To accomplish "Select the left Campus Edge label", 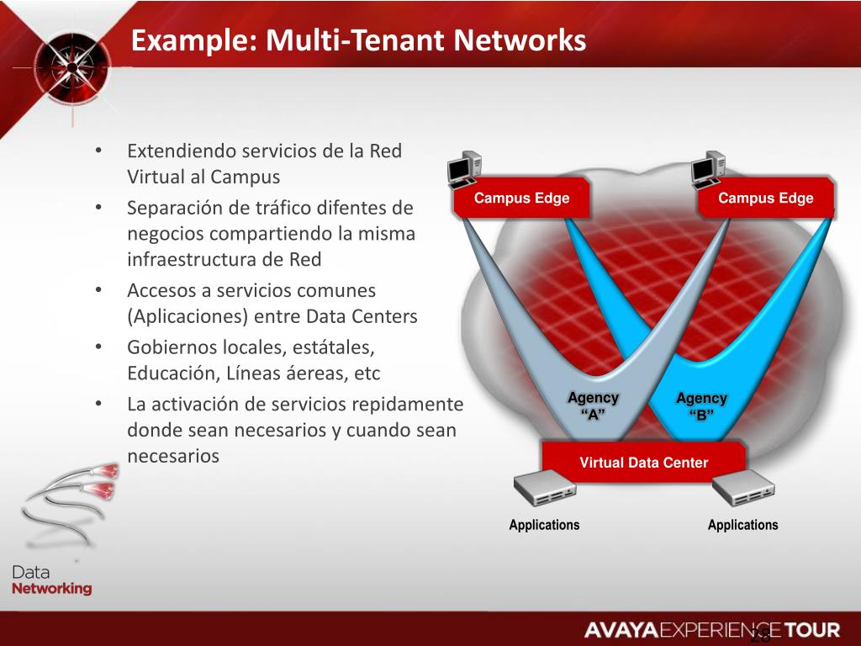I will (521, 199).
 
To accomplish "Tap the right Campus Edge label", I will (765, 199).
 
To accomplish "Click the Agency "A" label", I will (593, 405).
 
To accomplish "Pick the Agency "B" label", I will (701, 405).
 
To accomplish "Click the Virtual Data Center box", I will (643, 463).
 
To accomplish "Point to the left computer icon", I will (464, 169).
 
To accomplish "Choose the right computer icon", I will (708, 169).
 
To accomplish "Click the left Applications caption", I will (544, 525).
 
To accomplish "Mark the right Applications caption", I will (743, 525).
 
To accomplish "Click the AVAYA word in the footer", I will (621, 630).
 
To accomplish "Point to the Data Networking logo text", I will (51, 581).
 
